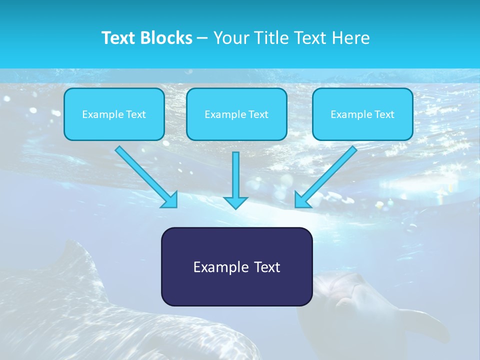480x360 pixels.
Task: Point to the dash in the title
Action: pyautogui.click(x=203, y=38)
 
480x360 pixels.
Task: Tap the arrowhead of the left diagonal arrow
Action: pyautogui.click(x=170, y=200)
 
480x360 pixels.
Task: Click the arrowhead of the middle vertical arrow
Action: pyautogui.click(x=235, y=202)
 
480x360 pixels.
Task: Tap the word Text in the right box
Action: pyautogui.click(x=384, y=114)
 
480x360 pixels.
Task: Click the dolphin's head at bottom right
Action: pyautogui.click(x=345, y=290)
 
